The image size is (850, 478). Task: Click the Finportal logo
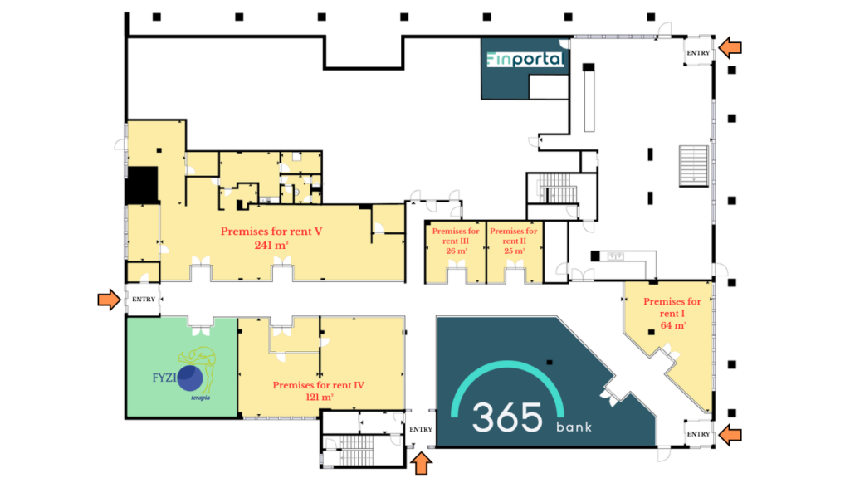coord(525,59)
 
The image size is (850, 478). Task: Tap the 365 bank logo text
coord(531,418)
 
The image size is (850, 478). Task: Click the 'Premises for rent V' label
coord(271,232)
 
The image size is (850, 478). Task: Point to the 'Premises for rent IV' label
coord(318,385)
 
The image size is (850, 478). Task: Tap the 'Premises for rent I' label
coord(672,307)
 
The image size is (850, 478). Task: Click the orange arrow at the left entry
coord(109,299)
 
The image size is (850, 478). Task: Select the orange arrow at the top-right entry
coord(730,47)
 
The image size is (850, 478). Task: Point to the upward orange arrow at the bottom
coord(421,464)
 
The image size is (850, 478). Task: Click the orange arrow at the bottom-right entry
coord(730,434)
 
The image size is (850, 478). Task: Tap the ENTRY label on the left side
coord(144,299)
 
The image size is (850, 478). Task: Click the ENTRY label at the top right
coord(698,53)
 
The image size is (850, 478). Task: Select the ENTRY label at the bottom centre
coord(421,429)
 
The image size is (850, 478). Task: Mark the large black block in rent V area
coord(142,185)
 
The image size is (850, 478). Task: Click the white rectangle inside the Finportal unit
coord(549,86)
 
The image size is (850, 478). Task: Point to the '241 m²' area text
coord(271,246)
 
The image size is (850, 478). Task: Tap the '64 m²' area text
coord(673,325)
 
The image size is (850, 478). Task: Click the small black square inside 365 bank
coord(550,362)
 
